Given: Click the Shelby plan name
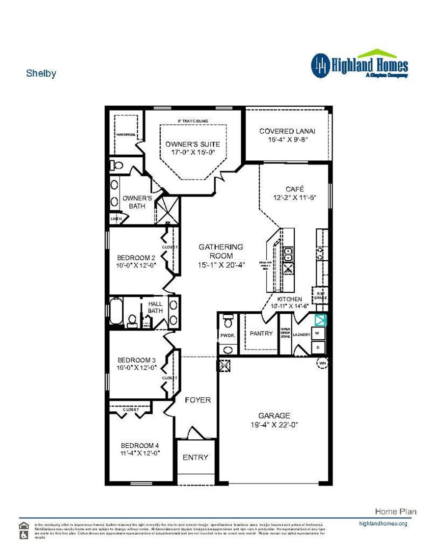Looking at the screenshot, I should (41, 73).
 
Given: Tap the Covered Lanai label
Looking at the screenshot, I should (287, 131).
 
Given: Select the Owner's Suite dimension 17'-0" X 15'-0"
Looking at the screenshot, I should (193, 152).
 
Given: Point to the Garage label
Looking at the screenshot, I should (274, 416).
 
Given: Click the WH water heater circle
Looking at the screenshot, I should (322, 363).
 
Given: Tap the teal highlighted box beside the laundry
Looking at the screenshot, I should (320, 320).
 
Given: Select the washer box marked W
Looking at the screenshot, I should (318, 333).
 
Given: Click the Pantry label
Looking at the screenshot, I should (261, 333).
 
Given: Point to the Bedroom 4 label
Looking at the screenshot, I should (140, 445).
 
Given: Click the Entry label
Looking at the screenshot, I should (195, 457).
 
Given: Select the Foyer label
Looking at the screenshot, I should (198, 400).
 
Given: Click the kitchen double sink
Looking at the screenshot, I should (288, 254).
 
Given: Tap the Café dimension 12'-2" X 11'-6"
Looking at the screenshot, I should (294, 198).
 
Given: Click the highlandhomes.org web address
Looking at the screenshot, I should (383, 523).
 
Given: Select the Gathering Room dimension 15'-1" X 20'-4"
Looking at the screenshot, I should (221, 265).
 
